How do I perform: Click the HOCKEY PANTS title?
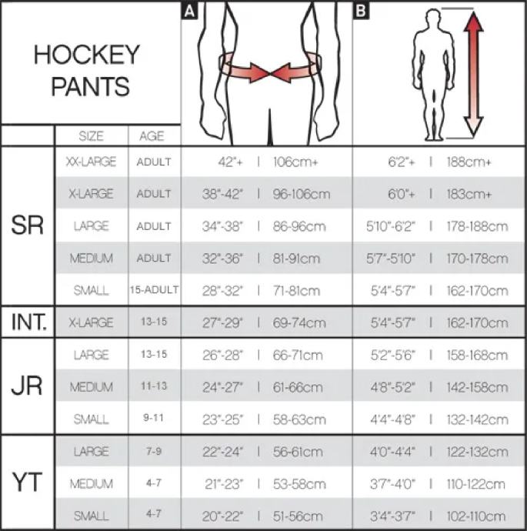(x=87, y=70)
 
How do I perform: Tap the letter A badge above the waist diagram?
(x=188, y=10)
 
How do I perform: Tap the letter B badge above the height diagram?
(x=360, y=10)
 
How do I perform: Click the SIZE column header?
(x=91, y=136)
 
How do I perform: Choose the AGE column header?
(x=152, y=136)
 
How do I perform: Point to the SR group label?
(x=28, y=226)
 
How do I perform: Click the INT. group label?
(x=28, y=322)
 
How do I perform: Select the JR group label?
(x=28, y=386)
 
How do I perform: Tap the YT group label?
(x=28, y=484)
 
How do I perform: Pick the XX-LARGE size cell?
(x=91, y=162)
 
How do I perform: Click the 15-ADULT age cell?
(x=154, y=290)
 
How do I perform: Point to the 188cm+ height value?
(x=469, y=162)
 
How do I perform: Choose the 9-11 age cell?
(x=153, y=419)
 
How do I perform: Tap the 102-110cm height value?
(x=476, y=516)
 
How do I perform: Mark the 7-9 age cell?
(x=153, y=452)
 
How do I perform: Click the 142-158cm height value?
(x=476, y=387)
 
